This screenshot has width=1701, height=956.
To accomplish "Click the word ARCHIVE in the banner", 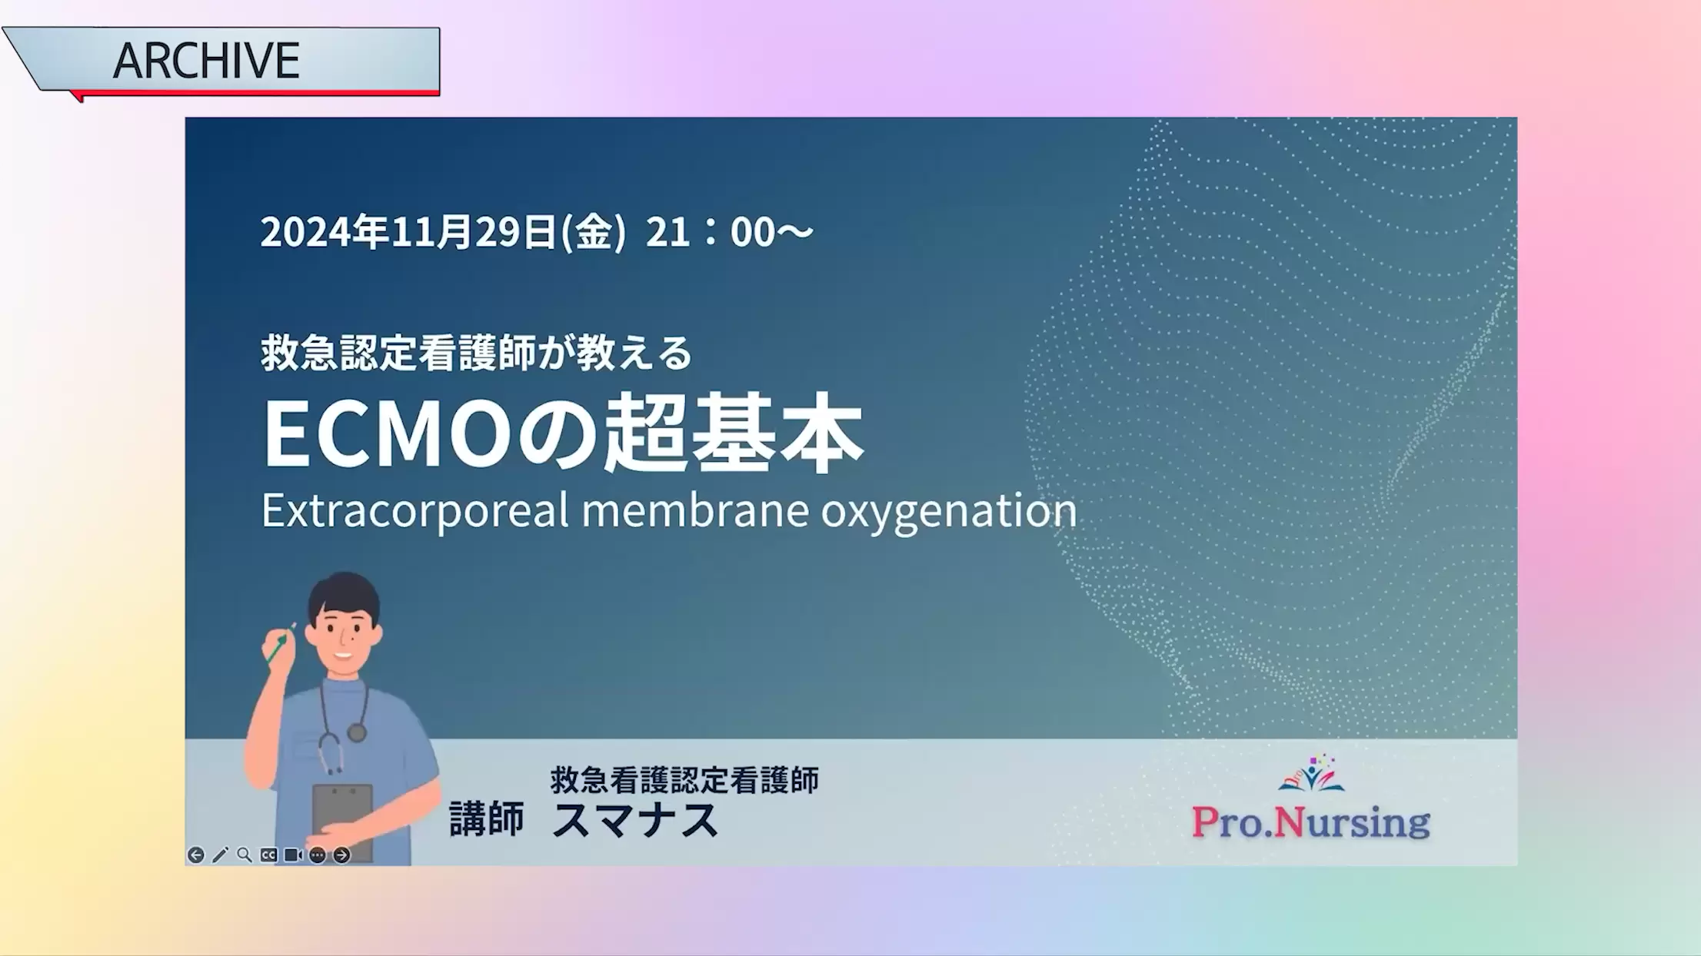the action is [x=206, y=61].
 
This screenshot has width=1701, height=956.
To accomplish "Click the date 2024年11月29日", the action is [x=408, y=232].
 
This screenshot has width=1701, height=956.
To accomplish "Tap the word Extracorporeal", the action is [x=415, y=511].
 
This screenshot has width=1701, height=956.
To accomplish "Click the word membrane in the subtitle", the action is [x=695, y=510].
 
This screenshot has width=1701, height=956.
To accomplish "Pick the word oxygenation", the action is [x=949, y=513].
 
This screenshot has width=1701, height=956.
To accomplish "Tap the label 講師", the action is [x=487, y=819].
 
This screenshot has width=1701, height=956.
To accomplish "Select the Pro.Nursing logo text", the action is [x=1310, y=822].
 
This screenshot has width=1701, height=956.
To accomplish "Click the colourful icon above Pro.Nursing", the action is [x=1311, y=772].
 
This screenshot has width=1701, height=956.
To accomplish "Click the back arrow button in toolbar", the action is [x=196, y=855].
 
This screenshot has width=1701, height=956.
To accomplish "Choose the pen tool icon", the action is [x=220, y=855].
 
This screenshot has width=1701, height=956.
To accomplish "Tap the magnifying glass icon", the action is [x=245, y=855].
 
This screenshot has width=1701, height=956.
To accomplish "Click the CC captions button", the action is [x=268, y=855].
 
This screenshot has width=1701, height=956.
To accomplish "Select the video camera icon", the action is [x=293, y=855].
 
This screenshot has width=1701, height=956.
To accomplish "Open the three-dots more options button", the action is [x=317, y=855].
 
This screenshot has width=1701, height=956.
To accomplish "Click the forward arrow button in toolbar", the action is [x=341, y=855].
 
